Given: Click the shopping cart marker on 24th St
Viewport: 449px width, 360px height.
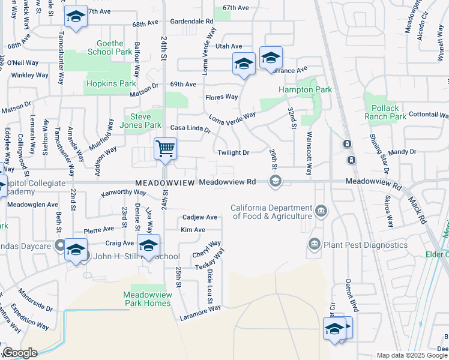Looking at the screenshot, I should click(x=165, y=148).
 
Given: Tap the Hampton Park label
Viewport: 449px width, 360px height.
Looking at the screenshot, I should click(x=305, y=89).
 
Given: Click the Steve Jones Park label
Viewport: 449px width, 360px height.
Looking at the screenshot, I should click(x=142, y=120).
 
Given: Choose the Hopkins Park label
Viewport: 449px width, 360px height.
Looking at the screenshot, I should click(x=111, y=83).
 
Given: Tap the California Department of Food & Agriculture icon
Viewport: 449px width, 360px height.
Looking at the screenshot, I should click(x=321, y=211).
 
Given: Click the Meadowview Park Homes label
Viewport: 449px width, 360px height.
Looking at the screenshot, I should click(x=147, y=299).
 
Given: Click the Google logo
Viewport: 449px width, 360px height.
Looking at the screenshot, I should click(x=19, y=353).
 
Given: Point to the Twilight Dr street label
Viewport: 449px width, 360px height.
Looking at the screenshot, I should click(x=234, y=153).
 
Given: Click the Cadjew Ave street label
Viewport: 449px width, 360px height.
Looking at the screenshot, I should click(x=199, y=217).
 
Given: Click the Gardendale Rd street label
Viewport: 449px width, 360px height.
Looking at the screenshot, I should click(x=192, y=21).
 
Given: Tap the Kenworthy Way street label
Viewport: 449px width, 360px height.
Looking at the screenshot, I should click(x=124, y=193).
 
